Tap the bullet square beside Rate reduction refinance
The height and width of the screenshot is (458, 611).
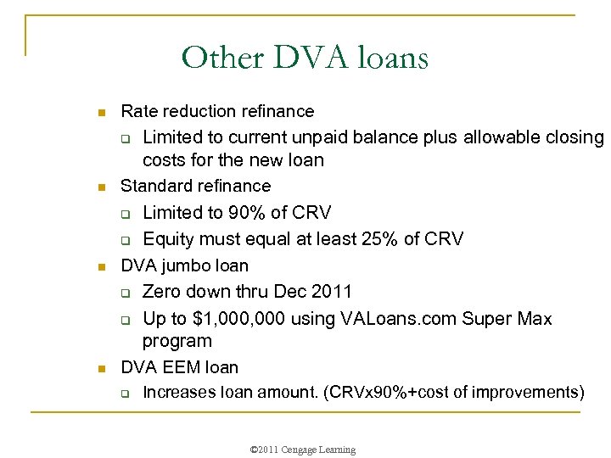[100, 113]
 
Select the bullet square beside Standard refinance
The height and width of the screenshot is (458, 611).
[100, 187]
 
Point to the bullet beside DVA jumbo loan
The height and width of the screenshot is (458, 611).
[100, 267]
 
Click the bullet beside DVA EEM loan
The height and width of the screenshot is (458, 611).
[100, 369]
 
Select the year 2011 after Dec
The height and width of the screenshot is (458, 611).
[332, 292]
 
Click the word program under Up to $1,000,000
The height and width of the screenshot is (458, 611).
[177, 341]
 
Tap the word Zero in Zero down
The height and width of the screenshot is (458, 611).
[162, 292]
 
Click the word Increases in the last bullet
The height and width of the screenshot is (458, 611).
[179, 392]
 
